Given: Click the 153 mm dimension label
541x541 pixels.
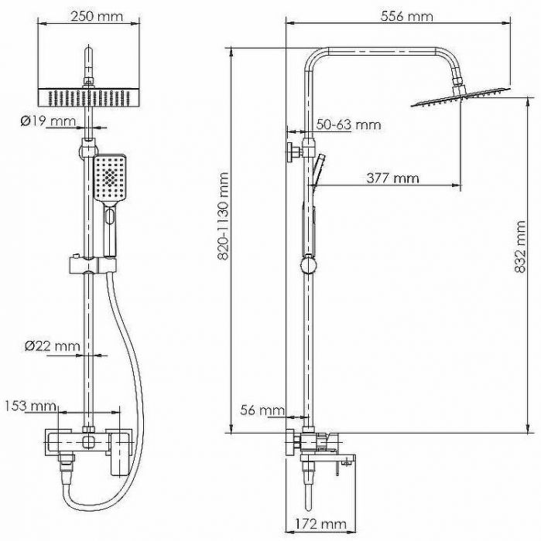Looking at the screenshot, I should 29,406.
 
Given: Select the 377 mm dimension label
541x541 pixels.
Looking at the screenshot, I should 392,179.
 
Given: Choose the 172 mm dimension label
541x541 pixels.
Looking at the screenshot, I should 320,526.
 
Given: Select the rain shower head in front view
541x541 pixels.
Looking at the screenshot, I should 90,97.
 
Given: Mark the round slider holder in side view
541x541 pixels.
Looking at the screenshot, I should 308,265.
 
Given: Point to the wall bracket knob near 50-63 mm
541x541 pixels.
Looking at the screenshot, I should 293,151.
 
